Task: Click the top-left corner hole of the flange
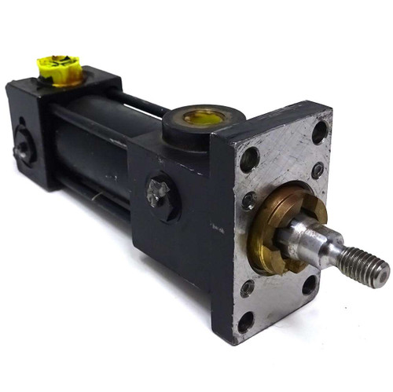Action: (x=248, y=159)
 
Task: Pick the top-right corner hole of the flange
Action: (x=320, y=132)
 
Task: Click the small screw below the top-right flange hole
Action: (x=317, y=170)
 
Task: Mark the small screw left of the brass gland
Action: (x=248, y=201)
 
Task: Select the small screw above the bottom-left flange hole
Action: (x=248, y=288)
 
